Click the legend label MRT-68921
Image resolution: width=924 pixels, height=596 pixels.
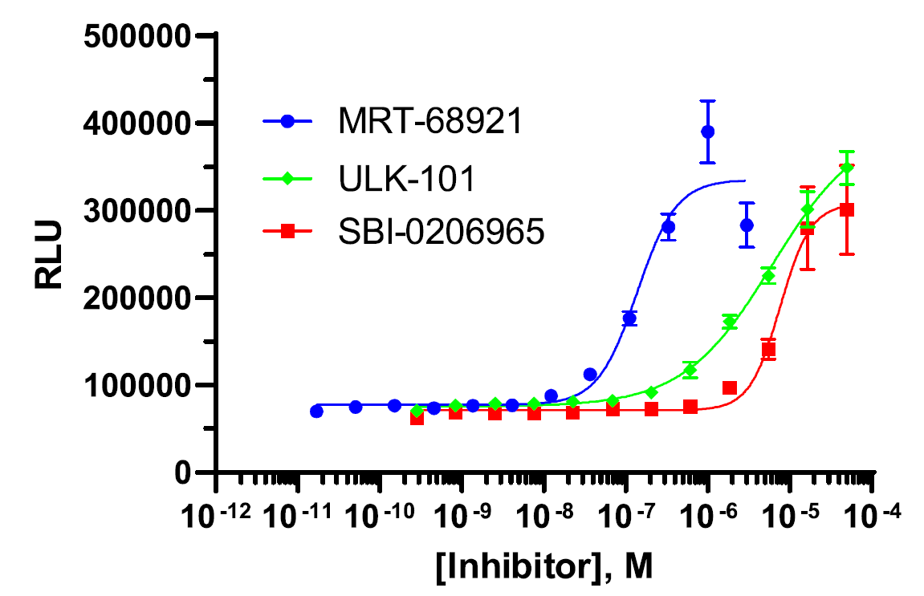[429, 123]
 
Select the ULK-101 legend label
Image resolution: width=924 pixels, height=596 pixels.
[405, 178]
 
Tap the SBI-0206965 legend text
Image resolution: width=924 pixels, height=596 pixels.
[441, 232]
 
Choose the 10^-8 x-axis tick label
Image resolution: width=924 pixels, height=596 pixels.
[543, 513]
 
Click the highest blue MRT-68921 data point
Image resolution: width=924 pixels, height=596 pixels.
[707, 132]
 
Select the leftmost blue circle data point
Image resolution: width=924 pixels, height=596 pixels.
[316, 412]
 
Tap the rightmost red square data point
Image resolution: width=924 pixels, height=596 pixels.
[846, 209]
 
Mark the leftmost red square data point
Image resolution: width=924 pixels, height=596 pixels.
[417, 418]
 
